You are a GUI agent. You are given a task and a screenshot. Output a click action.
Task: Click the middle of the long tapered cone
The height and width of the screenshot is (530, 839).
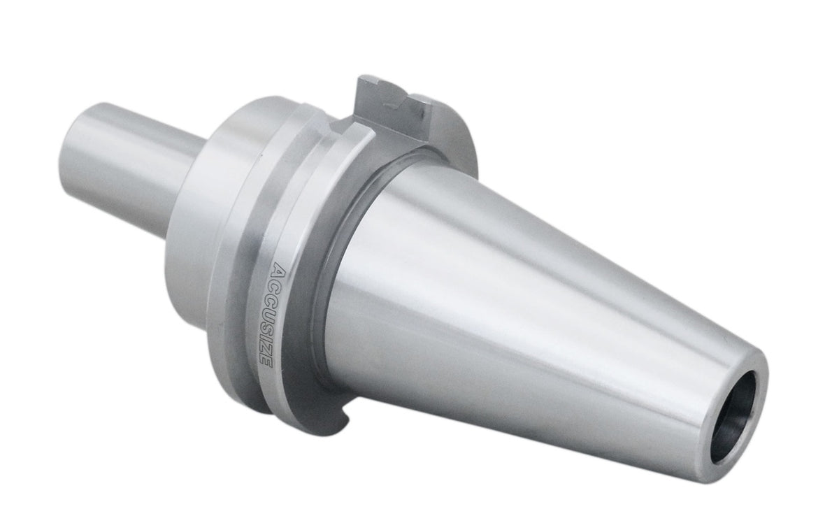524,322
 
